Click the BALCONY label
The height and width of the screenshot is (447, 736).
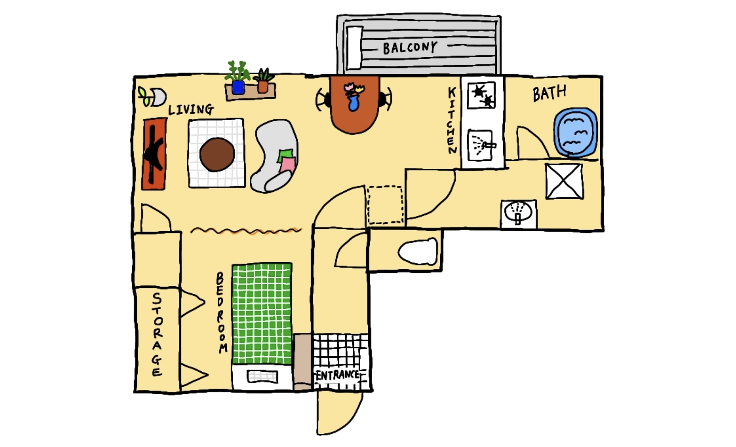(x=410, y=48)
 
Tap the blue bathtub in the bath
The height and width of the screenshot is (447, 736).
(x=575, y=133)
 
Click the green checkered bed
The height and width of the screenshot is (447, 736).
(x=262, y=313)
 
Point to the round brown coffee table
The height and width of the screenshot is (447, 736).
(x=217, y=154)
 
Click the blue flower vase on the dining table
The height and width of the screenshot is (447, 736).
(x=353, y=103)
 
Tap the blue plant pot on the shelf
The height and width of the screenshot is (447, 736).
(x=238, y=87)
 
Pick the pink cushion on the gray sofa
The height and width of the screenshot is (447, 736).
(x=287, y=165)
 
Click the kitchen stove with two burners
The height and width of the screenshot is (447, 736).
(x=481, y=95)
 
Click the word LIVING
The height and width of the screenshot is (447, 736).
(x=191, y=110)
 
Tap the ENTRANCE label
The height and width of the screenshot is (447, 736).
(x=337, y=375)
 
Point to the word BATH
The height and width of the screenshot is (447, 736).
(x=549, y=93)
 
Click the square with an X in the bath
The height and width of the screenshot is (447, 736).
(x=564, y=181)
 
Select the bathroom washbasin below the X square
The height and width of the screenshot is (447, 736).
(x=518, y=214)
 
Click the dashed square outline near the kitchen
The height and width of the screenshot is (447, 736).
(x=385, y=205)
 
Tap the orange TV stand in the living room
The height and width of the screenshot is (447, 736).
(x=154, y=154)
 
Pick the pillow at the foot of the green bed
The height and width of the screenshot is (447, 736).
(x=262, y=376)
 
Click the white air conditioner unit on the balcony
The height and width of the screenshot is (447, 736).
(x=354, y=48)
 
